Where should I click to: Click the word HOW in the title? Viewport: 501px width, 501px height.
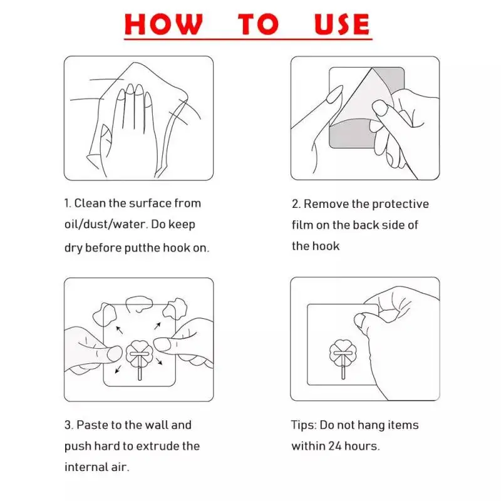point(164,24)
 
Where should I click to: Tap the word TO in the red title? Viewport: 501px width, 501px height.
point(257,24)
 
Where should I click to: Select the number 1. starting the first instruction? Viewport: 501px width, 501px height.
point(68,204)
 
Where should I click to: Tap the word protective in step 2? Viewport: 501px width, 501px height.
point(400,204)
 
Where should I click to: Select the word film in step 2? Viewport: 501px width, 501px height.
point(302,225)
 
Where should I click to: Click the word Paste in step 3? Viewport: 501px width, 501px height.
point(92,425)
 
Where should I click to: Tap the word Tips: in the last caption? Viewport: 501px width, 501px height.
point(304,425)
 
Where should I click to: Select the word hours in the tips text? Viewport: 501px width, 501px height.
point(362,447)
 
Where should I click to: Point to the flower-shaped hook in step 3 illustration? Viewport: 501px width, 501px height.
point(138,356)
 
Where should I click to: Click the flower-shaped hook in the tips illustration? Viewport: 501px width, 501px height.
point(343,354)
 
